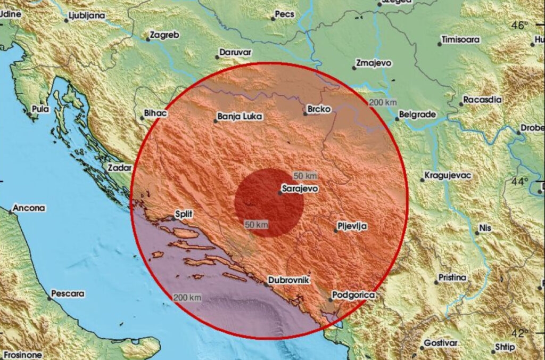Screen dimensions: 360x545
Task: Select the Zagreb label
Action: (165, 35)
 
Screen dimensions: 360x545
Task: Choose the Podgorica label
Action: (353, 294)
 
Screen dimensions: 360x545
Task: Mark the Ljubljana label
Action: (87, 17)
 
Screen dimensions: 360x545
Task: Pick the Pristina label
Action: (452, 277)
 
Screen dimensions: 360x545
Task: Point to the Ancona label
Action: (29, 208)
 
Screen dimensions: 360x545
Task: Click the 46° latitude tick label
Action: (520, 25)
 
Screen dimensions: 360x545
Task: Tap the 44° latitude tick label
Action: (519, 181)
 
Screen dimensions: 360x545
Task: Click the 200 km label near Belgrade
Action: (382, 102)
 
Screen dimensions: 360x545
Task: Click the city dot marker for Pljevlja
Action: (336, 231)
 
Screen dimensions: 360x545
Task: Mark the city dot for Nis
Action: (477, 233)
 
